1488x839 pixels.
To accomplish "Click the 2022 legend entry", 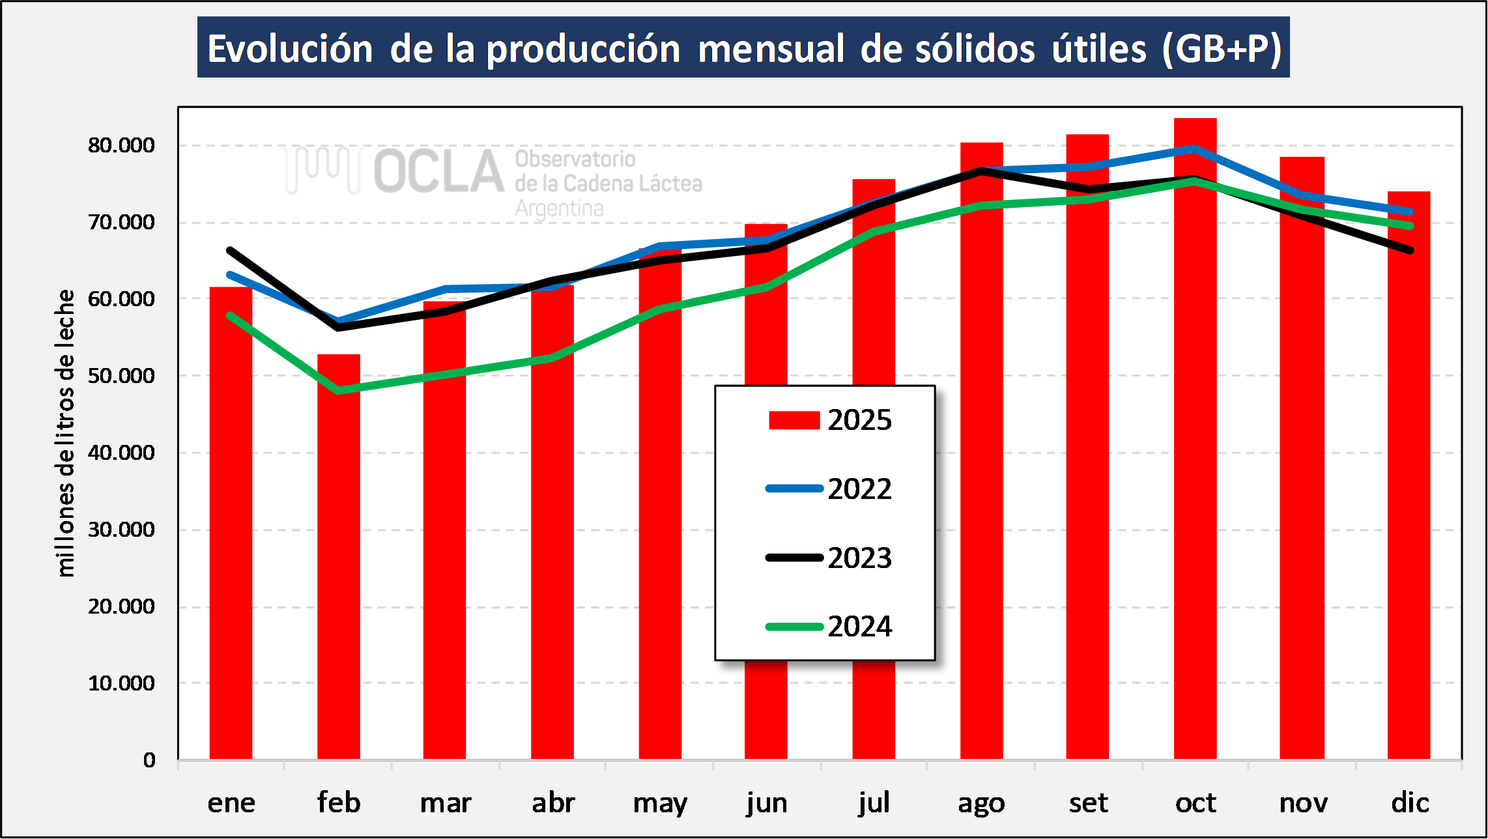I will coord(828,489).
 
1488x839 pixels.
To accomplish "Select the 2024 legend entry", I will coord(828,627).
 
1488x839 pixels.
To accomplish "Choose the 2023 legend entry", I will coord(828,558).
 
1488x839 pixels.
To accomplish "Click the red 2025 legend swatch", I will coord(794,420).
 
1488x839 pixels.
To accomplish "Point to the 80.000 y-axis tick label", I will coord(121,145).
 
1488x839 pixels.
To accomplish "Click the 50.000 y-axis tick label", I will coord(121,376).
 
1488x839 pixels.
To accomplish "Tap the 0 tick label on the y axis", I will coord(149,760).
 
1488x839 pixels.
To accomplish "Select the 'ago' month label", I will coord(981,803).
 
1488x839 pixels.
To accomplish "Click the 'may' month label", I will coord(660,803).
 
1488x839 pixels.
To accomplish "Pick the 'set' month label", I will coord(1088,803).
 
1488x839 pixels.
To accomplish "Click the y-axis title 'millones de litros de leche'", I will coord(66,433).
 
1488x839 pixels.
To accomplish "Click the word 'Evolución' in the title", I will coord(290,49).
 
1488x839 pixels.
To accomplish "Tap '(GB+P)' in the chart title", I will coord(1222,49).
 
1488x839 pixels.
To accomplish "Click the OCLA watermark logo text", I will coord(438,172).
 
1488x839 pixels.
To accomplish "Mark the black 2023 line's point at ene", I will coord(231,250).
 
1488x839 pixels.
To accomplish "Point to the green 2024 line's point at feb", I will coord(338,390).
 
